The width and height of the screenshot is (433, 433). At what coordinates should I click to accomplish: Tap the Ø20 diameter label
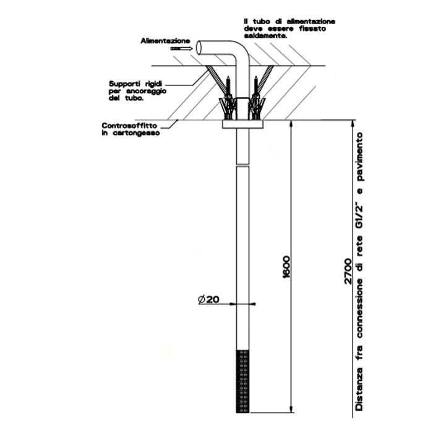pyautogui.click(x=209, y=299)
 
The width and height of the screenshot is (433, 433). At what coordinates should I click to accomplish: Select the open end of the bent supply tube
pyautogui.click(x=199, y=48)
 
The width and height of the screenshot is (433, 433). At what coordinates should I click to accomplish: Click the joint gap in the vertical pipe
pyautogui.click(x=243, y=164)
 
